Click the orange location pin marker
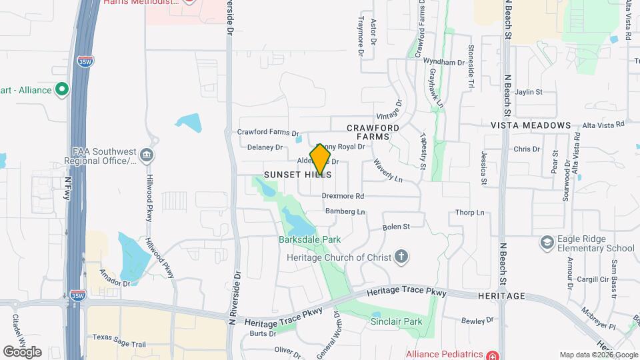tap(321, 159)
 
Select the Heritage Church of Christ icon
tap(401, 255)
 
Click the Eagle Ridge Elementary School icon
tap(547, 242)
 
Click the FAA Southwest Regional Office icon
tap(147, 156)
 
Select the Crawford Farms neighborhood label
tap(373, 131)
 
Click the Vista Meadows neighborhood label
tap(531, 125)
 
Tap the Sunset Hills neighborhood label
tap(297, 174)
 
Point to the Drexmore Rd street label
tap(343, 197)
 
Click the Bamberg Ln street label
tap(345, 212)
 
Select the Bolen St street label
tap(395, 227)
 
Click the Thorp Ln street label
tap(469, 213)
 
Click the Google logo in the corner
tap(22, 352)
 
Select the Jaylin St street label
tap(529, 92)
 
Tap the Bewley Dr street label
tap(477, 321)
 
